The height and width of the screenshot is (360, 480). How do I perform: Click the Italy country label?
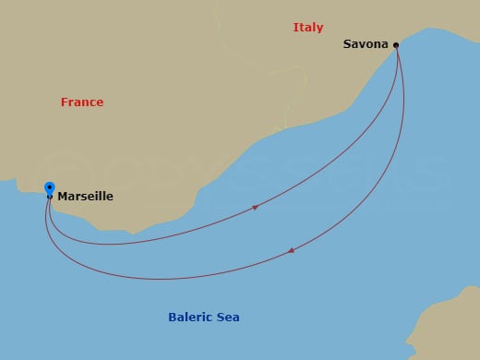click(x=308, y=28)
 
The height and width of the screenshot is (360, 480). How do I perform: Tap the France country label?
click(x=82, y=102)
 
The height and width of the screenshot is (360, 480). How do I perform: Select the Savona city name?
click(x=366, y=43)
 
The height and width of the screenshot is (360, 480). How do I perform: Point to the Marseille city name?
click(x=85, y=197)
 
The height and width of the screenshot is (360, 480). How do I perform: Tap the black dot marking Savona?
click(x=396, y=44)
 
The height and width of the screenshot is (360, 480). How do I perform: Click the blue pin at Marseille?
click(x=49, y=188)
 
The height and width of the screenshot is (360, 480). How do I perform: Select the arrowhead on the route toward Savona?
click(x=255, y=207)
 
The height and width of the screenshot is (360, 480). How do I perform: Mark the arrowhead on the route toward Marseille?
click(x=292, y=250)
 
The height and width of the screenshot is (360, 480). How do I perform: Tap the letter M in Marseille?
click(x=62, y=197)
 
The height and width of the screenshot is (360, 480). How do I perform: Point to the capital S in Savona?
click(x=347, y=43)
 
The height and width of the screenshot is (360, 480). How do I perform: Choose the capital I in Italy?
click(x=295, y=28)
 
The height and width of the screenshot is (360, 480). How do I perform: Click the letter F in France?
click(x=65, y=102)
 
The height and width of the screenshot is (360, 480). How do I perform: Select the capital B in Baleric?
click(x=172, y=318)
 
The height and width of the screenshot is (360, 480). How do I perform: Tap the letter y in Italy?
click(x=320, y=30)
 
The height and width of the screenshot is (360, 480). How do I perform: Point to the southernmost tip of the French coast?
click(x=134, y=231)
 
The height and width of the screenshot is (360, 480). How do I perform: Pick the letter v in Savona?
click(x=364, y=44)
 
